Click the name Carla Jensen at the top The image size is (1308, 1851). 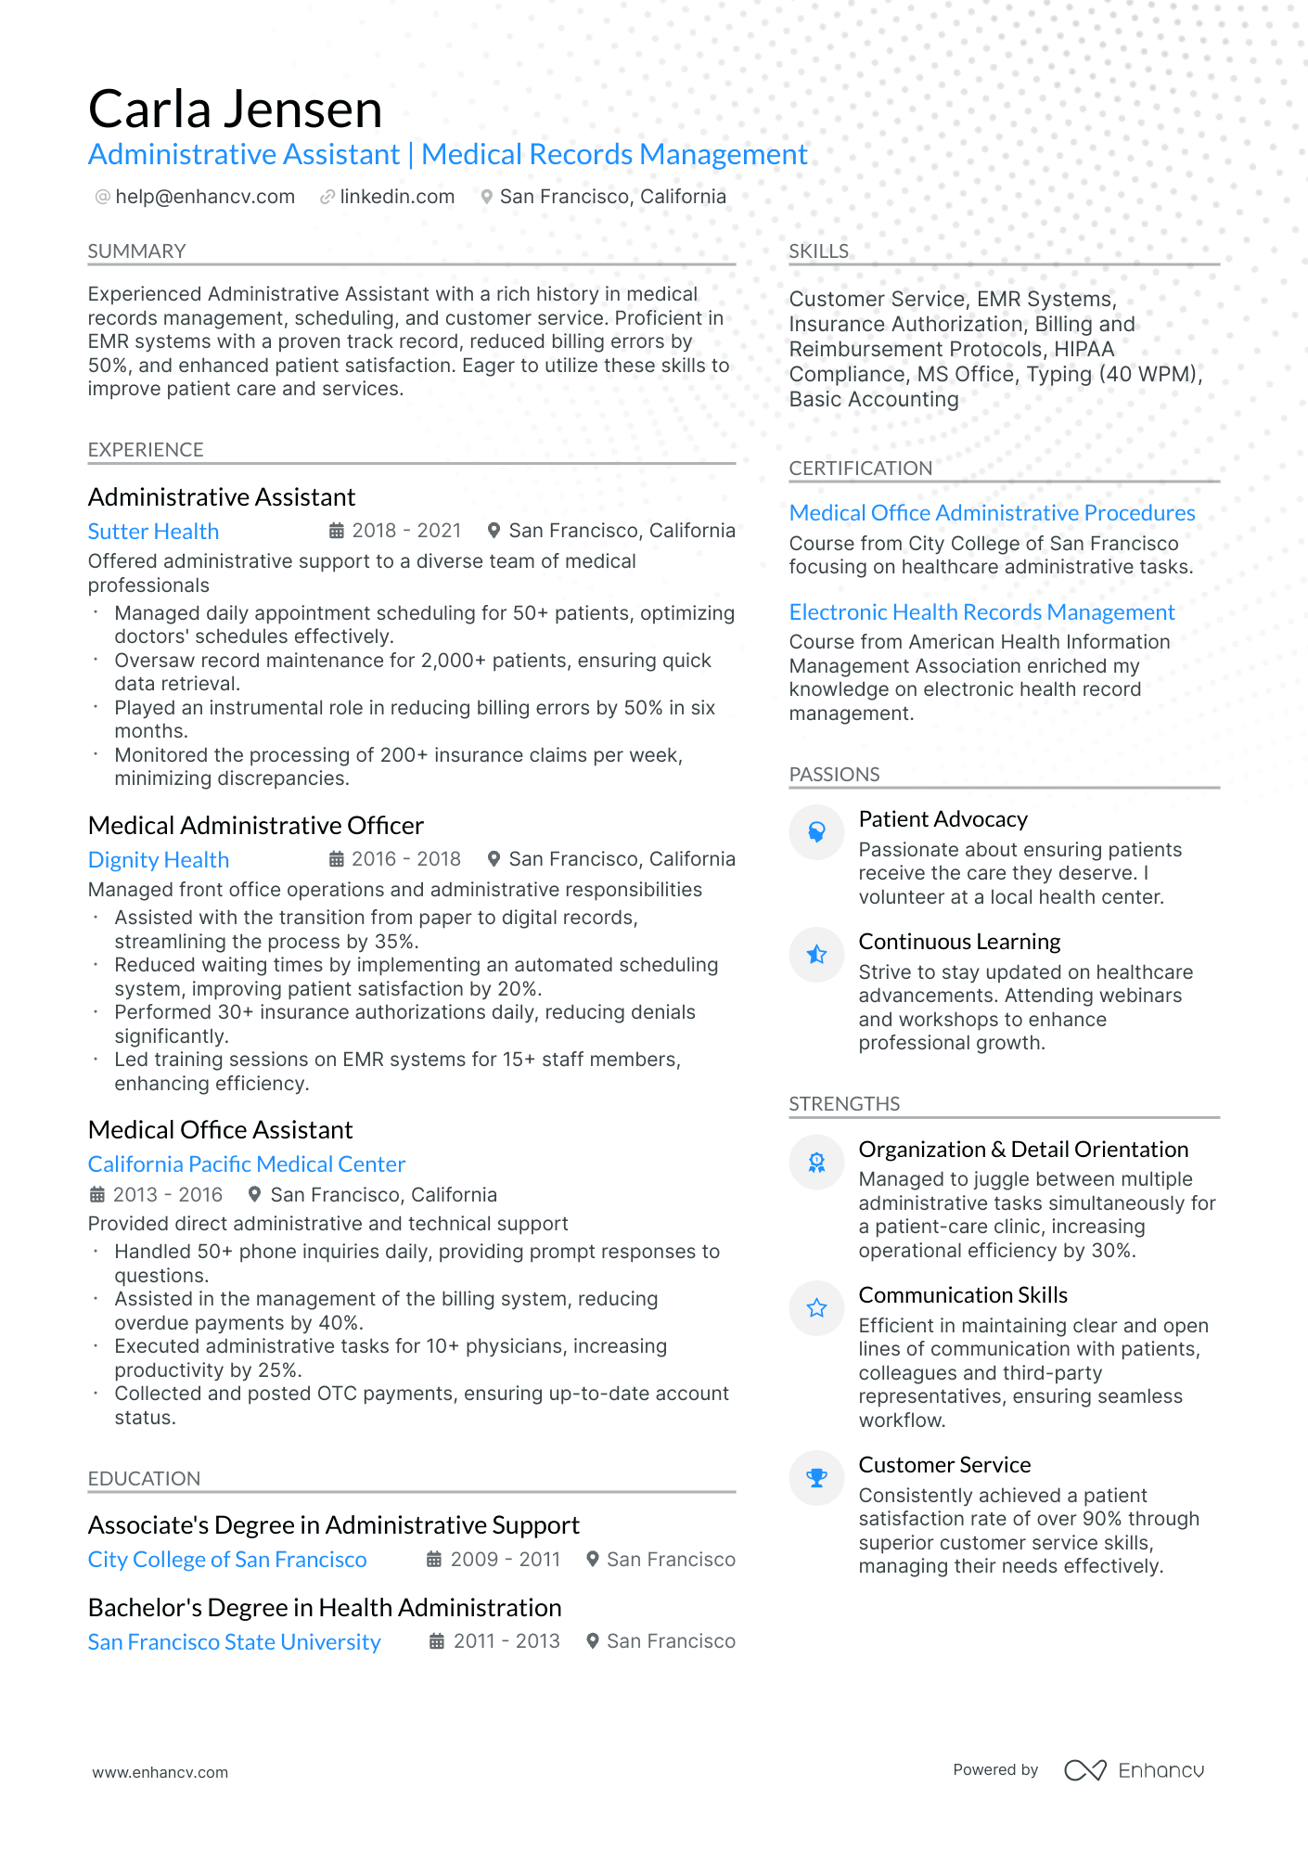pos(235,109)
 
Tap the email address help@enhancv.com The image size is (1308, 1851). pos(205,197)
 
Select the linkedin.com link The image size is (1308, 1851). pos(397,197)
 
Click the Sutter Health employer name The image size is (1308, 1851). pos(153,532)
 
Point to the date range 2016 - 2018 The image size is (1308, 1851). pos(405,859)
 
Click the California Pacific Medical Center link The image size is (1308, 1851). pos(246,1164)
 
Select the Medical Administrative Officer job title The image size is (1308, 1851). pos(255,826)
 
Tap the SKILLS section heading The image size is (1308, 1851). pos(818,251)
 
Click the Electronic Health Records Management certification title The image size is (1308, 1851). pos(981,612)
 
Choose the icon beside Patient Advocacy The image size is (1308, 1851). pos(816,832)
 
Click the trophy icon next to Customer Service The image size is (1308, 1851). pos(816,1478)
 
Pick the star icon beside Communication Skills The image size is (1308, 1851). pos(816,1308)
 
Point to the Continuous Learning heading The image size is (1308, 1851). pos(959,942)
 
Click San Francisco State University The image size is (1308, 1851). pos(234,1642)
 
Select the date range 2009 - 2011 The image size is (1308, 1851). pos(505,1560)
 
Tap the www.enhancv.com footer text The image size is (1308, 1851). pos(160,1772)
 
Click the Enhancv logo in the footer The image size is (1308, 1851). pos(1134,1770)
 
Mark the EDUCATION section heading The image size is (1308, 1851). pos(144,1479)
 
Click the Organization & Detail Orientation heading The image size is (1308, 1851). pos(1022,1150)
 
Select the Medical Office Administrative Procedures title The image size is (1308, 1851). pos(992,513)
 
